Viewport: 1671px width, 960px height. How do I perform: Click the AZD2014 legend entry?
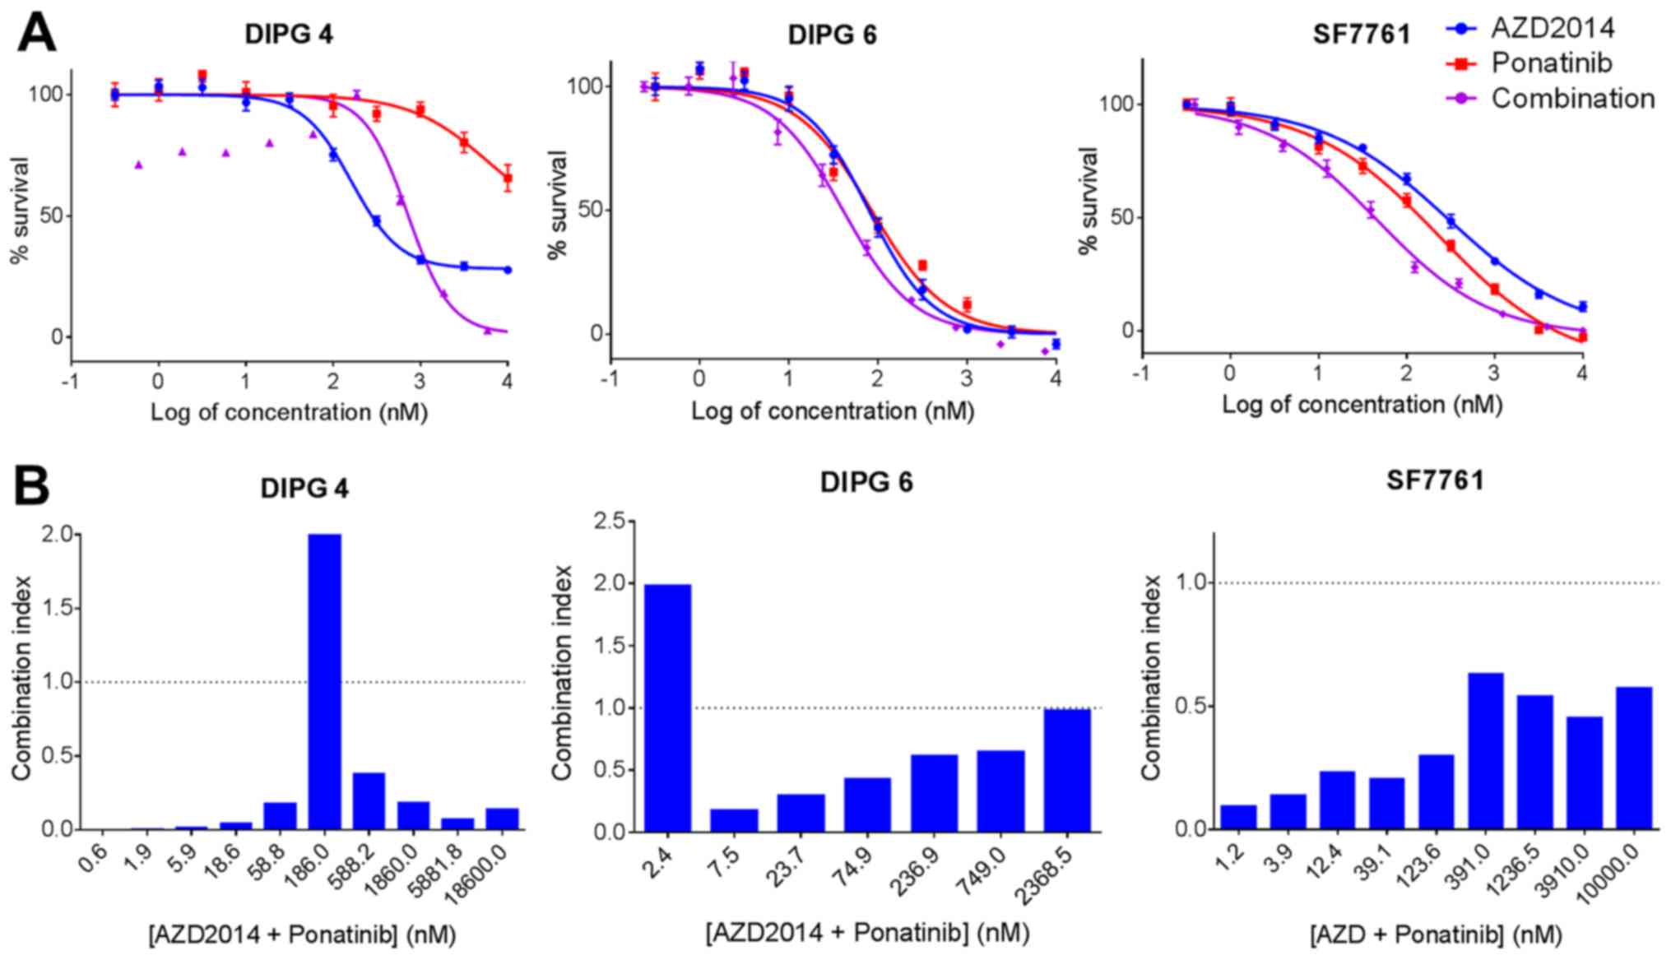(x=1552, y=28)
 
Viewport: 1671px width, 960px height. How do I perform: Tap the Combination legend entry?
(x=1571, y=99)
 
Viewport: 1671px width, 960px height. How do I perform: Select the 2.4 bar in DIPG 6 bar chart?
(x=667, y=707)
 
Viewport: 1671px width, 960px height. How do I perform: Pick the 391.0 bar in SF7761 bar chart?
(x=1485, y=750)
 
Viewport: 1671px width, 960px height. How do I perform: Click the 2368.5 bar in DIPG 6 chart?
(x=1066, y=770)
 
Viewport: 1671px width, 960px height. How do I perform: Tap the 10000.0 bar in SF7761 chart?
(x=1633, y=758)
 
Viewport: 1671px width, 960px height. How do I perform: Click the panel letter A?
(x=36, y=34)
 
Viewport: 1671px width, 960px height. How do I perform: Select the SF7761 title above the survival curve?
(x=1361, y=35)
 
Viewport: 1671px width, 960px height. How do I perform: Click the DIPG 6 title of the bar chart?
(x=866, y=482)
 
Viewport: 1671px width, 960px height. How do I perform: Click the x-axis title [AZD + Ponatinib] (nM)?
(x=1435, y=934)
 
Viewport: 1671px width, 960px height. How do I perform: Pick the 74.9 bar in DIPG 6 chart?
(x=867, y=805)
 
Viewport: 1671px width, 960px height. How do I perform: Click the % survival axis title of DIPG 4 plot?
(x=20, y=211)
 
